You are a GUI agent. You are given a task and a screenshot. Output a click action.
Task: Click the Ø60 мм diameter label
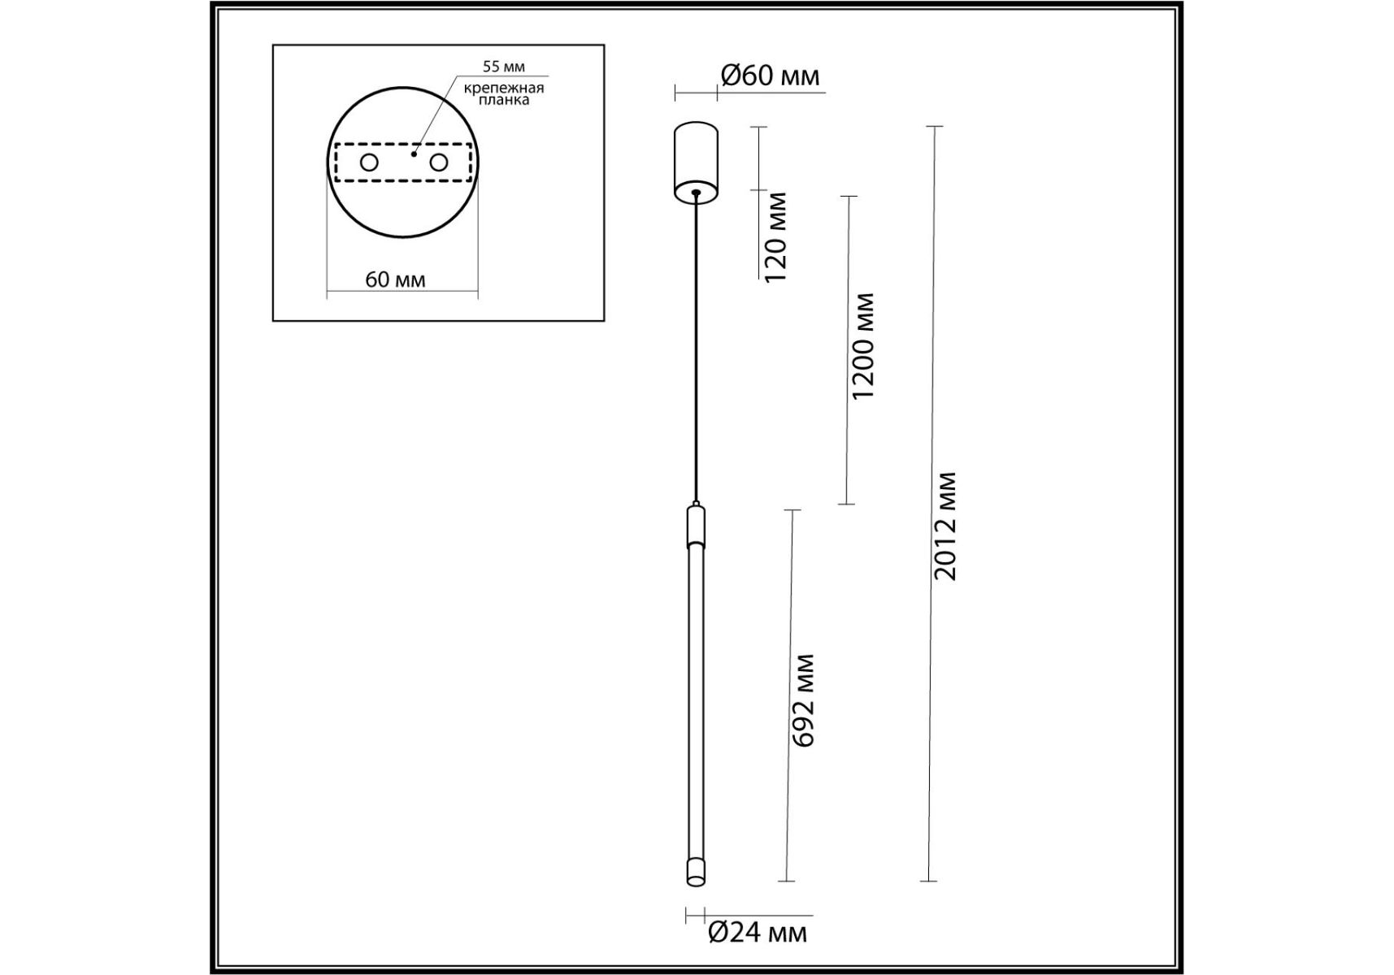(x=771, y=76)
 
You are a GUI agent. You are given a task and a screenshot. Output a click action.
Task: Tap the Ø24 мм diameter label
(x=758, y=932)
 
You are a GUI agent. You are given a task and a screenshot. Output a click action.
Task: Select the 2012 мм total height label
(x=945, y=526)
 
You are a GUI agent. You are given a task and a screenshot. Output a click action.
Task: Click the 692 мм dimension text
(x=803, y=700)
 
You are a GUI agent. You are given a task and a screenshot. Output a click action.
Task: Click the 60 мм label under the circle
(x=395, y=279)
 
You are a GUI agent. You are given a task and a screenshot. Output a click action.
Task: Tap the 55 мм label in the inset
(x=504, y=67)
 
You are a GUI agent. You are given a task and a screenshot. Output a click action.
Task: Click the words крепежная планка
(x=504, y=93)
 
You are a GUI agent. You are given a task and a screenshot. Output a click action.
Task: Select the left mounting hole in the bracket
(x=369, y=162)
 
